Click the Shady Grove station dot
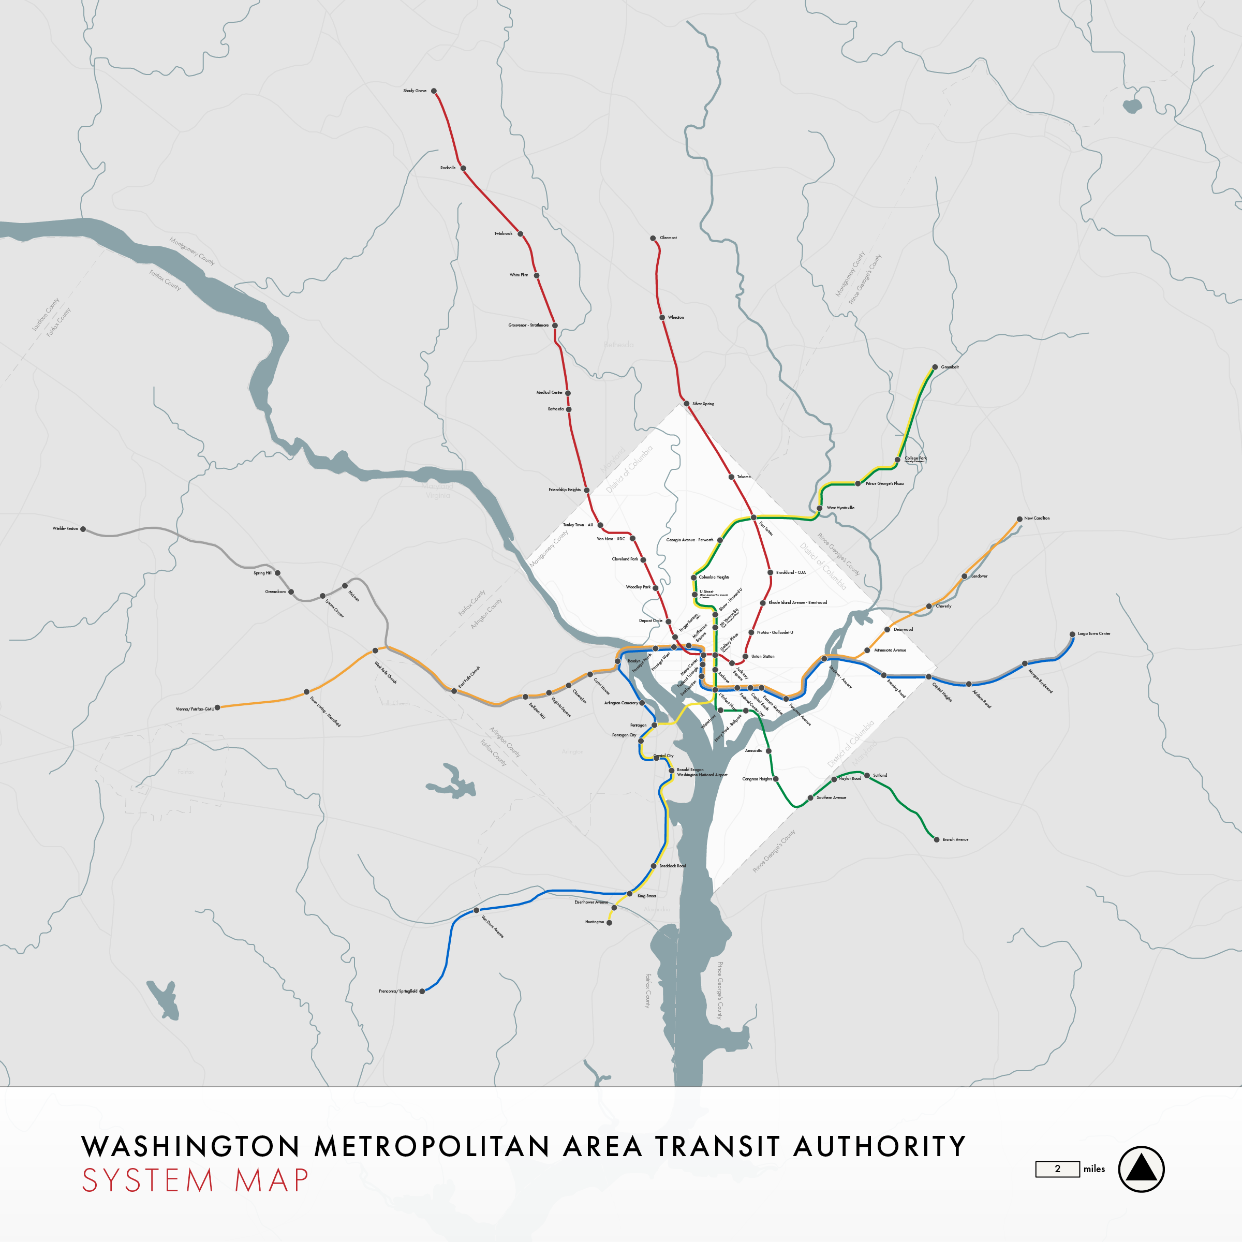(x=434, y=91)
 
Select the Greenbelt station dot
(x=935, y=367)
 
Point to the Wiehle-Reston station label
(x=65, y=528)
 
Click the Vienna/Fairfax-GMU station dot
(x=217, y=708)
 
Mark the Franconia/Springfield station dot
(x=422, y=992)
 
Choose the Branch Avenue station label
(x=955, y=839)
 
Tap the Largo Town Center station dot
(x=1072, y=634)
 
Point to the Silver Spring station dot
(x=687, y=404)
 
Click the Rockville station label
(x=448, y=168)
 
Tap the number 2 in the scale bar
(x=1057, y=1169)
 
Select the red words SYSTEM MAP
(x=196, y=1181)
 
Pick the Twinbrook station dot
(x=521, y=234)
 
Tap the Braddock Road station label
(x=672, y=866)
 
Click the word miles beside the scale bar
(x=1093, y=1169)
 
